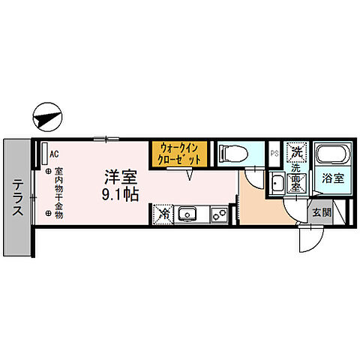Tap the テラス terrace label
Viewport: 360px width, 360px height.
[x=16, y=198]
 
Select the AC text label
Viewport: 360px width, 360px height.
[x=53, y=154]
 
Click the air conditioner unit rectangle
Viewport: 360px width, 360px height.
[x=45, y=154]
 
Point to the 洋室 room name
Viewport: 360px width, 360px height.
[x=119, y=178]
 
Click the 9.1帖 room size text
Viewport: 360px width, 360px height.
[x=119, y=195]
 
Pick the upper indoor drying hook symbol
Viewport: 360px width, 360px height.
[x=47, y=172]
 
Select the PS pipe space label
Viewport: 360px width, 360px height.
[x=275, y=154]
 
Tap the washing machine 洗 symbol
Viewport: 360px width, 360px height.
[x=297, y=152]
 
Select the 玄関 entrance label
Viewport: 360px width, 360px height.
[x=322, y=211]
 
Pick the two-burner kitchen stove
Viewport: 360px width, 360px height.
[x=219, y=216]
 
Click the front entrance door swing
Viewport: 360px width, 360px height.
[x=309, y=238]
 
